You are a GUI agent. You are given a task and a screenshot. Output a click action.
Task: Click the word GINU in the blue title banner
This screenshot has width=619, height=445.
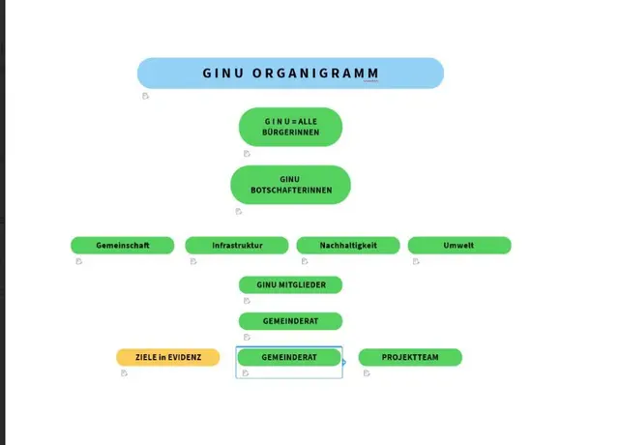pos(222,74)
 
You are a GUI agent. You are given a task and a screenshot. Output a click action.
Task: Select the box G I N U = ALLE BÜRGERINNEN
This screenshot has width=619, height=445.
pos(290,127)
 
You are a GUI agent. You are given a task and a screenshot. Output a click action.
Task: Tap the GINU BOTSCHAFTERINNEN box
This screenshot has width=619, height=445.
pos(290,185)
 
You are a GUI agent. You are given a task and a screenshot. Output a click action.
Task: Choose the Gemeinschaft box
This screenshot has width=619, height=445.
pos(123,246)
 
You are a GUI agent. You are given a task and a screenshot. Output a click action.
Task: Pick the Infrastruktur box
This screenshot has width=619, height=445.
pos(237,246)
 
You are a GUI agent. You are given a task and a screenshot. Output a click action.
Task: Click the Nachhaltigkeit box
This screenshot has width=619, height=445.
pos(348,246)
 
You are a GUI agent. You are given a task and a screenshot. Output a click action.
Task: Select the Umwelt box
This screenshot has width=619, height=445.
pos(458,246)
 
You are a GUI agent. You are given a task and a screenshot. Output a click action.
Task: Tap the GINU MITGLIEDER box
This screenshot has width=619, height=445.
pos(290,284)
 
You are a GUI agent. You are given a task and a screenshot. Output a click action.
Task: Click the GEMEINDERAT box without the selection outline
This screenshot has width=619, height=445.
pos(290,320)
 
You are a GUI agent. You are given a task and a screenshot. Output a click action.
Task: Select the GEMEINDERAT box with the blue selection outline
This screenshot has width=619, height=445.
pos(289,358)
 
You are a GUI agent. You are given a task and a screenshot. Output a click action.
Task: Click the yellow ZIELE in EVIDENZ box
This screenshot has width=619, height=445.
pos(168,358)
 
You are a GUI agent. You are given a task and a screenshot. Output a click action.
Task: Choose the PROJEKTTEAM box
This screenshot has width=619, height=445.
pos(410,358)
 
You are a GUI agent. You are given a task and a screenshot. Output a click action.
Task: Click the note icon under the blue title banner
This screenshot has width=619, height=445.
pos(146,96)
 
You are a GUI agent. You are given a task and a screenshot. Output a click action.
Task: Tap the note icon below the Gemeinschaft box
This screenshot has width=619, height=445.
pos(79,261)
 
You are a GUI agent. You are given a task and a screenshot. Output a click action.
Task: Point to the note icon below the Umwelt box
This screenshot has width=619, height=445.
pos(416,261)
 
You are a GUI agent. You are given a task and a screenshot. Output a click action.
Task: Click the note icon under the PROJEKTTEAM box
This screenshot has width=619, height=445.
pos(367,373)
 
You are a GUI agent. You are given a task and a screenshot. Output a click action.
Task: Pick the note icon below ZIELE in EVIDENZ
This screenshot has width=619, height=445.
pos(124,373)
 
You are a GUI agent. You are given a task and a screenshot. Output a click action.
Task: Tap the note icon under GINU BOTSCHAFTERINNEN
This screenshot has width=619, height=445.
pos(238,211)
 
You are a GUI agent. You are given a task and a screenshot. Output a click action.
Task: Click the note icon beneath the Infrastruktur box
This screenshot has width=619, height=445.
pos(193,261)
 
